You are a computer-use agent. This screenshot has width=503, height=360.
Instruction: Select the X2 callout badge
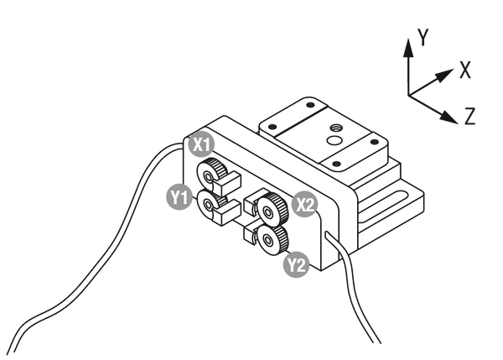pos(305,203)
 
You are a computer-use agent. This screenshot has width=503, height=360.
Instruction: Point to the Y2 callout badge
pos(296,266)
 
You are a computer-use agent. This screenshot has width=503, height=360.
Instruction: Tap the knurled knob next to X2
pos(270,206)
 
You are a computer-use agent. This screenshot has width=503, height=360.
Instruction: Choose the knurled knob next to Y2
pos(268,241)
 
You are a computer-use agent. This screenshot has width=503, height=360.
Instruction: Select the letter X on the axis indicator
pos(464,70)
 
